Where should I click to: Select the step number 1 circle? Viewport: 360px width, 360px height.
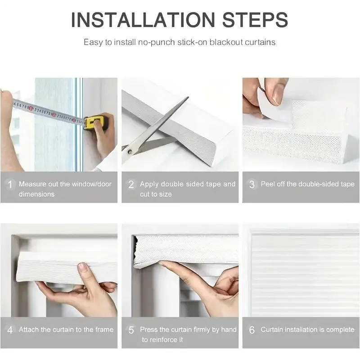click(9, 184)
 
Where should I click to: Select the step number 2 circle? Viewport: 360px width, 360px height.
click(131, 184)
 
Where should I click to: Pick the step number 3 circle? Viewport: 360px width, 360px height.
click(252, 184)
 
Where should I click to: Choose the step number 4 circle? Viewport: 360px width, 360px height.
click(9, 330)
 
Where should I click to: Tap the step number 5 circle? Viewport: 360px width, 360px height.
click(131, 330)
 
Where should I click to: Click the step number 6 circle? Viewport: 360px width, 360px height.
click(252, 330)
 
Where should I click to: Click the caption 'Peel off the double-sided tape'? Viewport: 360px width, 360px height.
click(307, 184)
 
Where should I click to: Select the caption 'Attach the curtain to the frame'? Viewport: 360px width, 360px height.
click(66, 330)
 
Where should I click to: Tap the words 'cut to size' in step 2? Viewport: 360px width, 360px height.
click(156, 194)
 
